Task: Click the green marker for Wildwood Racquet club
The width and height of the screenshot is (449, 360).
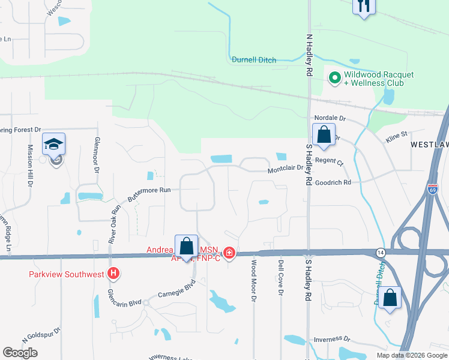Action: pos(334,77)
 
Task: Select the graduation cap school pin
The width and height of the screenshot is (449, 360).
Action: pos(53,144)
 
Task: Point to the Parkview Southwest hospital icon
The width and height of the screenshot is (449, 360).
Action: pos(113,275)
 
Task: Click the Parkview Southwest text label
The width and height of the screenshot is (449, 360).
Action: pos(67,275)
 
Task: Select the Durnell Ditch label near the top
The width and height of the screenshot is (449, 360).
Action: pos(254,59)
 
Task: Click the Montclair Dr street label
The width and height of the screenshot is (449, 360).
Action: pos(286,170)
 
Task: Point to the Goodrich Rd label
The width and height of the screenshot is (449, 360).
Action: pos(334,182)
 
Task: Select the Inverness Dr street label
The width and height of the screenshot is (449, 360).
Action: pos(331,339)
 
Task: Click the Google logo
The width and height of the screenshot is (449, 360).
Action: pos(20,353)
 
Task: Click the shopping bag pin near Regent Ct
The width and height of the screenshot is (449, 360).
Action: pos(324,135)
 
